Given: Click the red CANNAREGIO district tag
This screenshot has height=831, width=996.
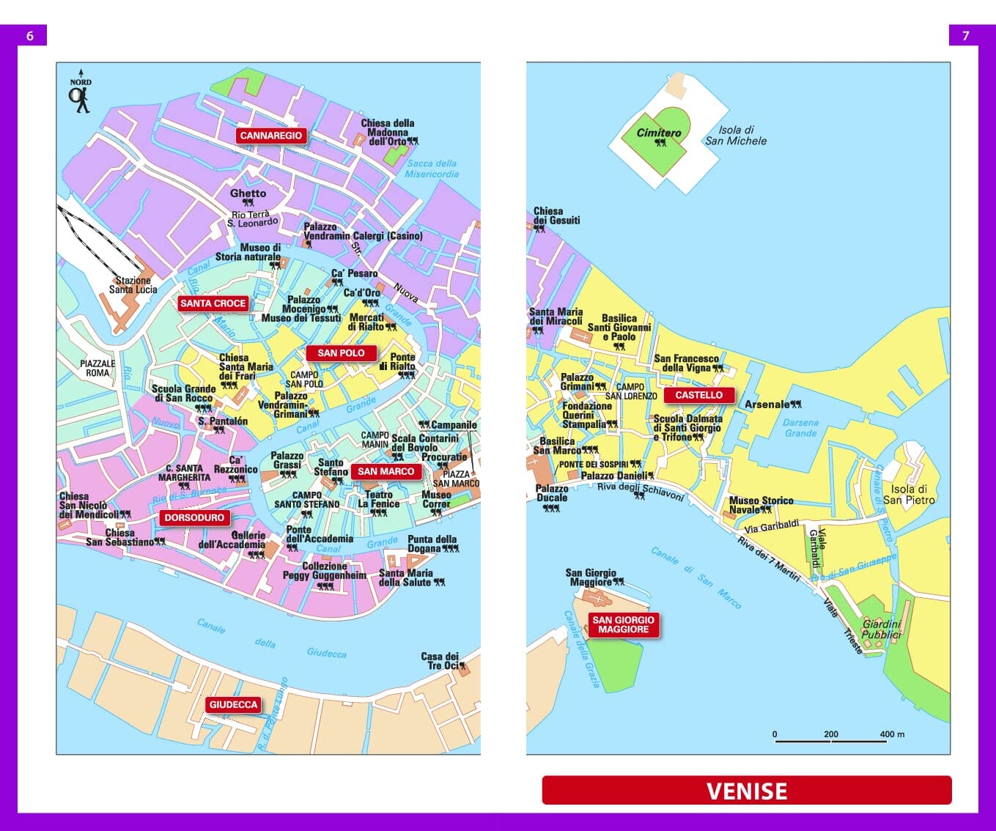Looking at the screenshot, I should pyautogui.click(x=270, y=136).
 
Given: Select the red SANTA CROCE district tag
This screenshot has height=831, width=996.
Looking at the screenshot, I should pyautogui.click(x=213, y=303).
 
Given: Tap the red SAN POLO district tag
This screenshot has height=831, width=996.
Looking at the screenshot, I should pyautogui.click(x=341, y=353).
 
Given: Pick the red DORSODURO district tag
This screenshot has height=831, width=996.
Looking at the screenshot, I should pyautogui.click(x=194, y=518).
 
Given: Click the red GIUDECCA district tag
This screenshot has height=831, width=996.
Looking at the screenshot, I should pyautogui.click(x=233, y=705).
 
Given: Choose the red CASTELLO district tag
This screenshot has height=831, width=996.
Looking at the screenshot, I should pyautogui.click(x=698, y=395).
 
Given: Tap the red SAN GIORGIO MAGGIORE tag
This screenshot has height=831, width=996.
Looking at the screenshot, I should pyautogui.click(x=623, y=624).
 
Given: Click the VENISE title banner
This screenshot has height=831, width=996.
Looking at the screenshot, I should pyautogui.click(x=746, y=791).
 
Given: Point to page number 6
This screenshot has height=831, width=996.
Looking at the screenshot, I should pyautogui.click(x=30, y=35).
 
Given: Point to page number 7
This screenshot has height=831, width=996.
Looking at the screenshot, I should pyautogui.click(x=965, y=35).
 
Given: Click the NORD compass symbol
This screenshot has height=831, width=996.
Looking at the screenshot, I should pyautogui.click(x=80, y=92).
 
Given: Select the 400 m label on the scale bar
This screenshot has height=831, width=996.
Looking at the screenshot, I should pyautogui.click(x=892, y=734).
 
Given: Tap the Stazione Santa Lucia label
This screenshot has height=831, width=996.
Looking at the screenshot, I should pyautogui.click(x=133, y=285).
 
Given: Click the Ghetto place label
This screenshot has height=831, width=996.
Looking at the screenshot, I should pyautogui.click(x=248, y=193).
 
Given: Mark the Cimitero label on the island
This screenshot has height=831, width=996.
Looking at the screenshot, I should pyautogui.click(x=658, y=133).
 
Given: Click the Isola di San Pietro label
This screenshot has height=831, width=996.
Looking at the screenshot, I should pyautogui.click(x=909, y=495).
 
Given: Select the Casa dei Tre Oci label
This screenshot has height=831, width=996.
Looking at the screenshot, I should pyautogui.click(x=440, y=661).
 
